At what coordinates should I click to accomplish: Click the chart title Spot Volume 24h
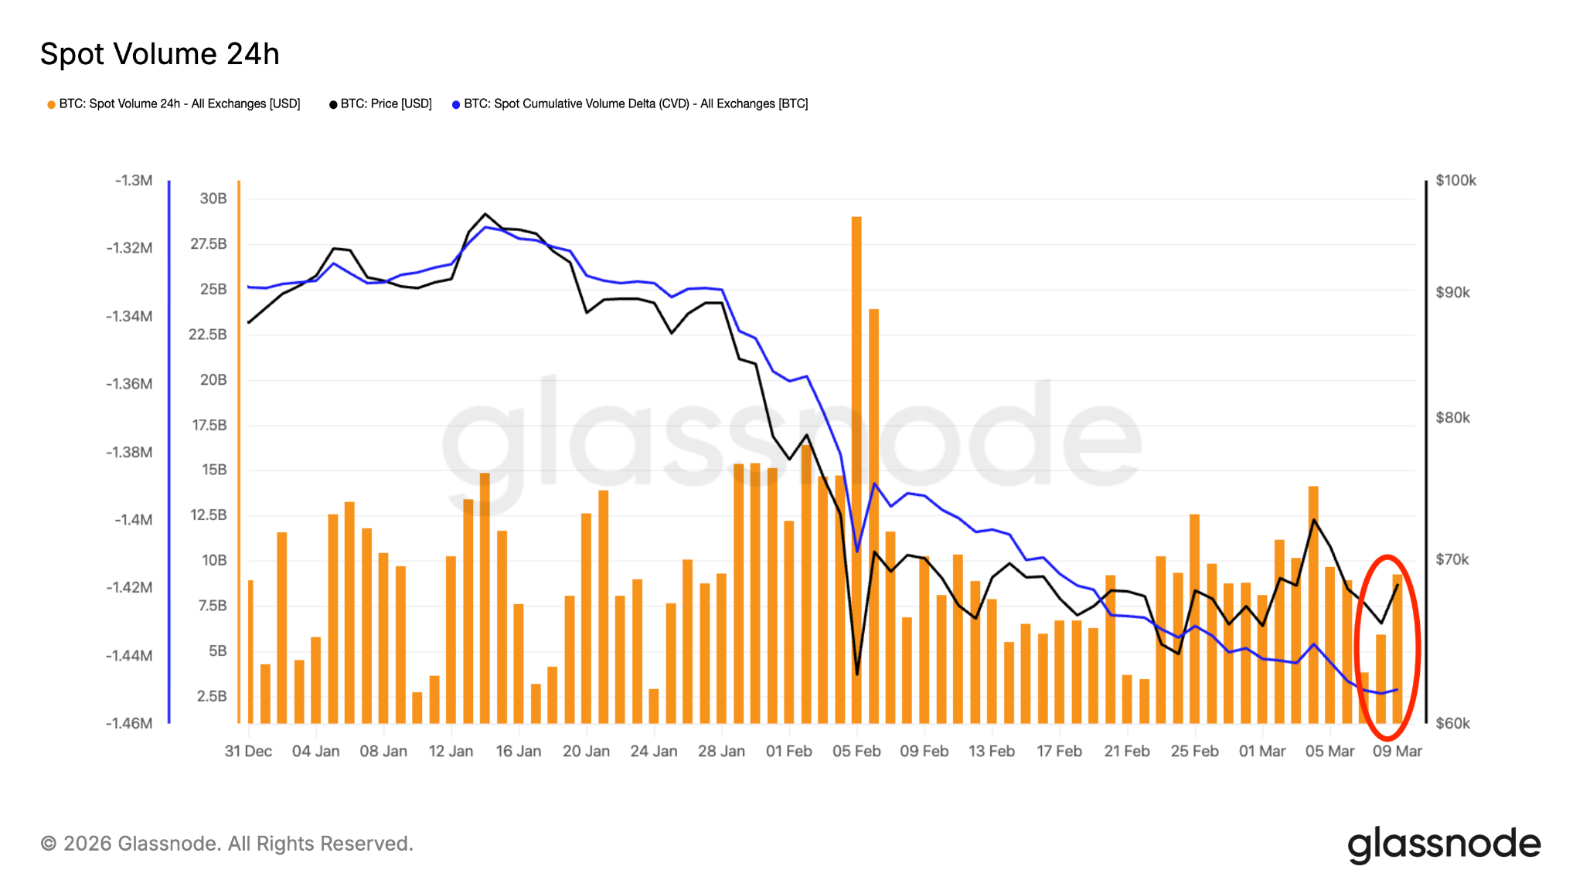pos(159,54)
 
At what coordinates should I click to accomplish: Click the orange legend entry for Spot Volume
pos(174,104)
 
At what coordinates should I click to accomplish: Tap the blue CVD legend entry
pos(630,104)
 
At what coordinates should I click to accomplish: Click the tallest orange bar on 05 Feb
pos(856,464)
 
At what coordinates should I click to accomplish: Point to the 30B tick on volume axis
pos(213,199)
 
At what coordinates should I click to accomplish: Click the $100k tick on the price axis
pos(1455,180)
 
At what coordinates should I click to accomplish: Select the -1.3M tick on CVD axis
pos(134,180)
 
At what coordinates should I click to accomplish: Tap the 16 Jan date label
pos(518,751)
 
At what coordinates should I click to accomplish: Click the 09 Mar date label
pos(1397,751)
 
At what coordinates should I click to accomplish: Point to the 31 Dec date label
pos(248,751)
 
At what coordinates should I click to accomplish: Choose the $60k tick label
pos(1452,723)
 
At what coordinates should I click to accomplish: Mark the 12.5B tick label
pos(209,515)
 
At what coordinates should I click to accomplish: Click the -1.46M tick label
pos(129,723)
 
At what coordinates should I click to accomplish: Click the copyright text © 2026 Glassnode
pos(226,844)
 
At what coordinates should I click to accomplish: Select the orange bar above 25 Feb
pos(1194,618)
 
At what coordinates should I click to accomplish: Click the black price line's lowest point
pos(857,674)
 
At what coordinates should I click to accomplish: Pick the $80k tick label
pos(1452,417)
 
